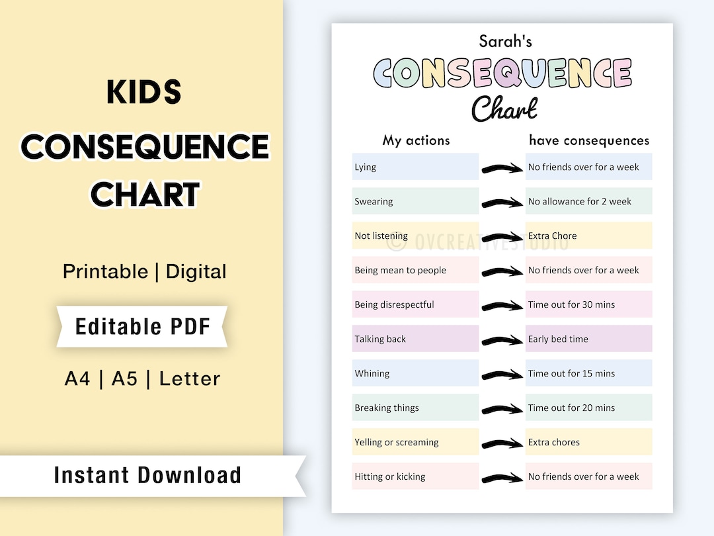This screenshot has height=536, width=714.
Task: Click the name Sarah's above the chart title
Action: click(505, 41)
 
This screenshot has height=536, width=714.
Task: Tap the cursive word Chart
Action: click(504, 109)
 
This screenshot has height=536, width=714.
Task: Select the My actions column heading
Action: click(416, 140)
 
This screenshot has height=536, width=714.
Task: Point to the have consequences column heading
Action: click(588, 140)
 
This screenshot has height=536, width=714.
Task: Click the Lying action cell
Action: click(415, 167)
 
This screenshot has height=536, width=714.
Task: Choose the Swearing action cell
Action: click(415, 201)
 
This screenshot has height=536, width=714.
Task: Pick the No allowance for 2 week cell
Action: click(588, 201)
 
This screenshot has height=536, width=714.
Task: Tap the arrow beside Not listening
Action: click(502, 236)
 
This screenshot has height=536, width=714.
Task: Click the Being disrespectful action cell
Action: click(415, 304)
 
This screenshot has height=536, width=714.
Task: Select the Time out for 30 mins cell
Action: click(588, 304)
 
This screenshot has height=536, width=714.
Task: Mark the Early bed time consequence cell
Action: click(588, 339)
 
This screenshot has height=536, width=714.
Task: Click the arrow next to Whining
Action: click(502, 374)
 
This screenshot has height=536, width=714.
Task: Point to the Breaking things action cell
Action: click(415, 408)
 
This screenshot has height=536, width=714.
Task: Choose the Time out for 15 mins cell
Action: click(588, 373)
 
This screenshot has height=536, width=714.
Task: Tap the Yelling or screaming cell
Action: click(415, 442)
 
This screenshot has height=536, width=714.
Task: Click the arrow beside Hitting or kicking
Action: click(502, 477)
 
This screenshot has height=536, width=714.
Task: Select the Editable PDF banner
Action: click(141, 326)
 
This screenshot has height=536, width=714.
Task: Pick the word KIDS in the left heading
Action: click(144, 93)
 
